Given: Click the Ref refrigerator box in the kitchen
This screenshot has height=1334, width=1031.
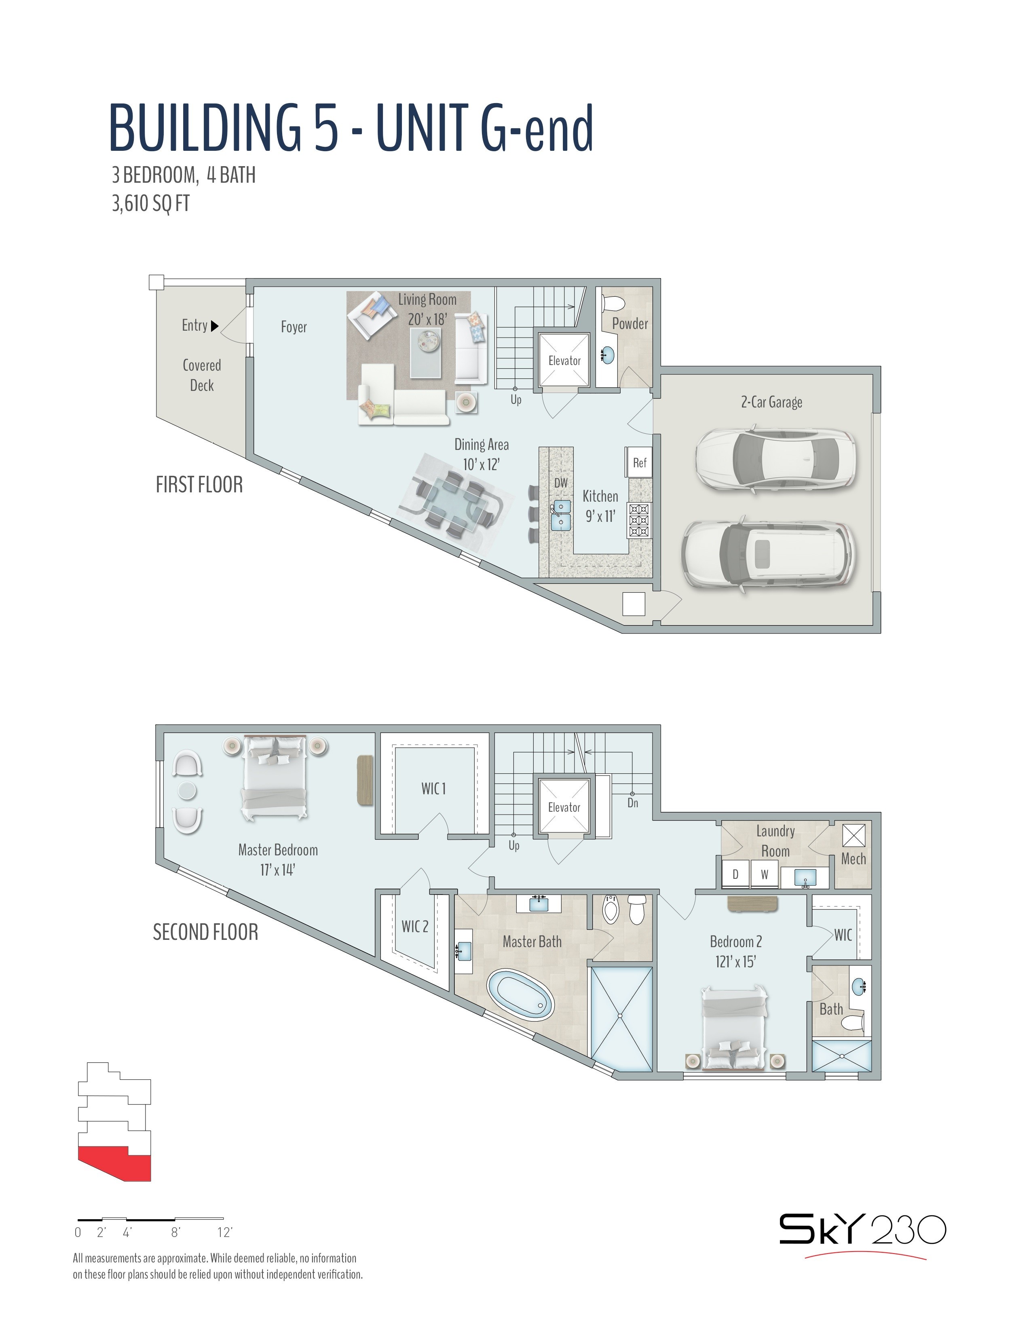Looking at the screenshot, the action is pyautogui.click(x=638, y=462).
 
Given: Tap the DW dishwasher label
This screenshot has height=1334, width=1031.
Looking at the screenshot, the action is pyautogui.click(x=561, y=483).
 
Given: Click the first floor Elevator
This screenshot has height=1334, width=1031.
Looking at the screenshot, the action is pyautogui.click(x=564, y=360).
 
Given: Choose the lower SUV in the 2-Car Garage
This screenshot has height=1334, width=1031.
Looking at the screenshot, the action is pyautogui.click(x=768, y=554).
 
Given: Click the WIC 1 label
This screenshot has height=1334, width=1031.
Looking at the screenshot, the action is pyautogui.click(x=434, y=789).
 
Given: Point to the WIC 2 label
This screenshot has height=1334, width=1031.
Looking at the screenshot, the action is pyautogui.click(x=415, y=927).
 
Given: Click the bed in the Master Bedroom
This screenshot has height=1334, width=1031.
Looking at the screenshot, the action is pyautogui.click(x=274, y=777).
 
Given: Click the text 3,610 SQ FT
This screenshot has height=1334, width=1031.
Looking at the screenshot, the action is pyautogui.click(x=150, y=203).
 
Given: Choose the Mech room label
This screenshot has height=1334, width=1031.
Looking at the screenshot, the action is pyautogui.click(x=853, y=859).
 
